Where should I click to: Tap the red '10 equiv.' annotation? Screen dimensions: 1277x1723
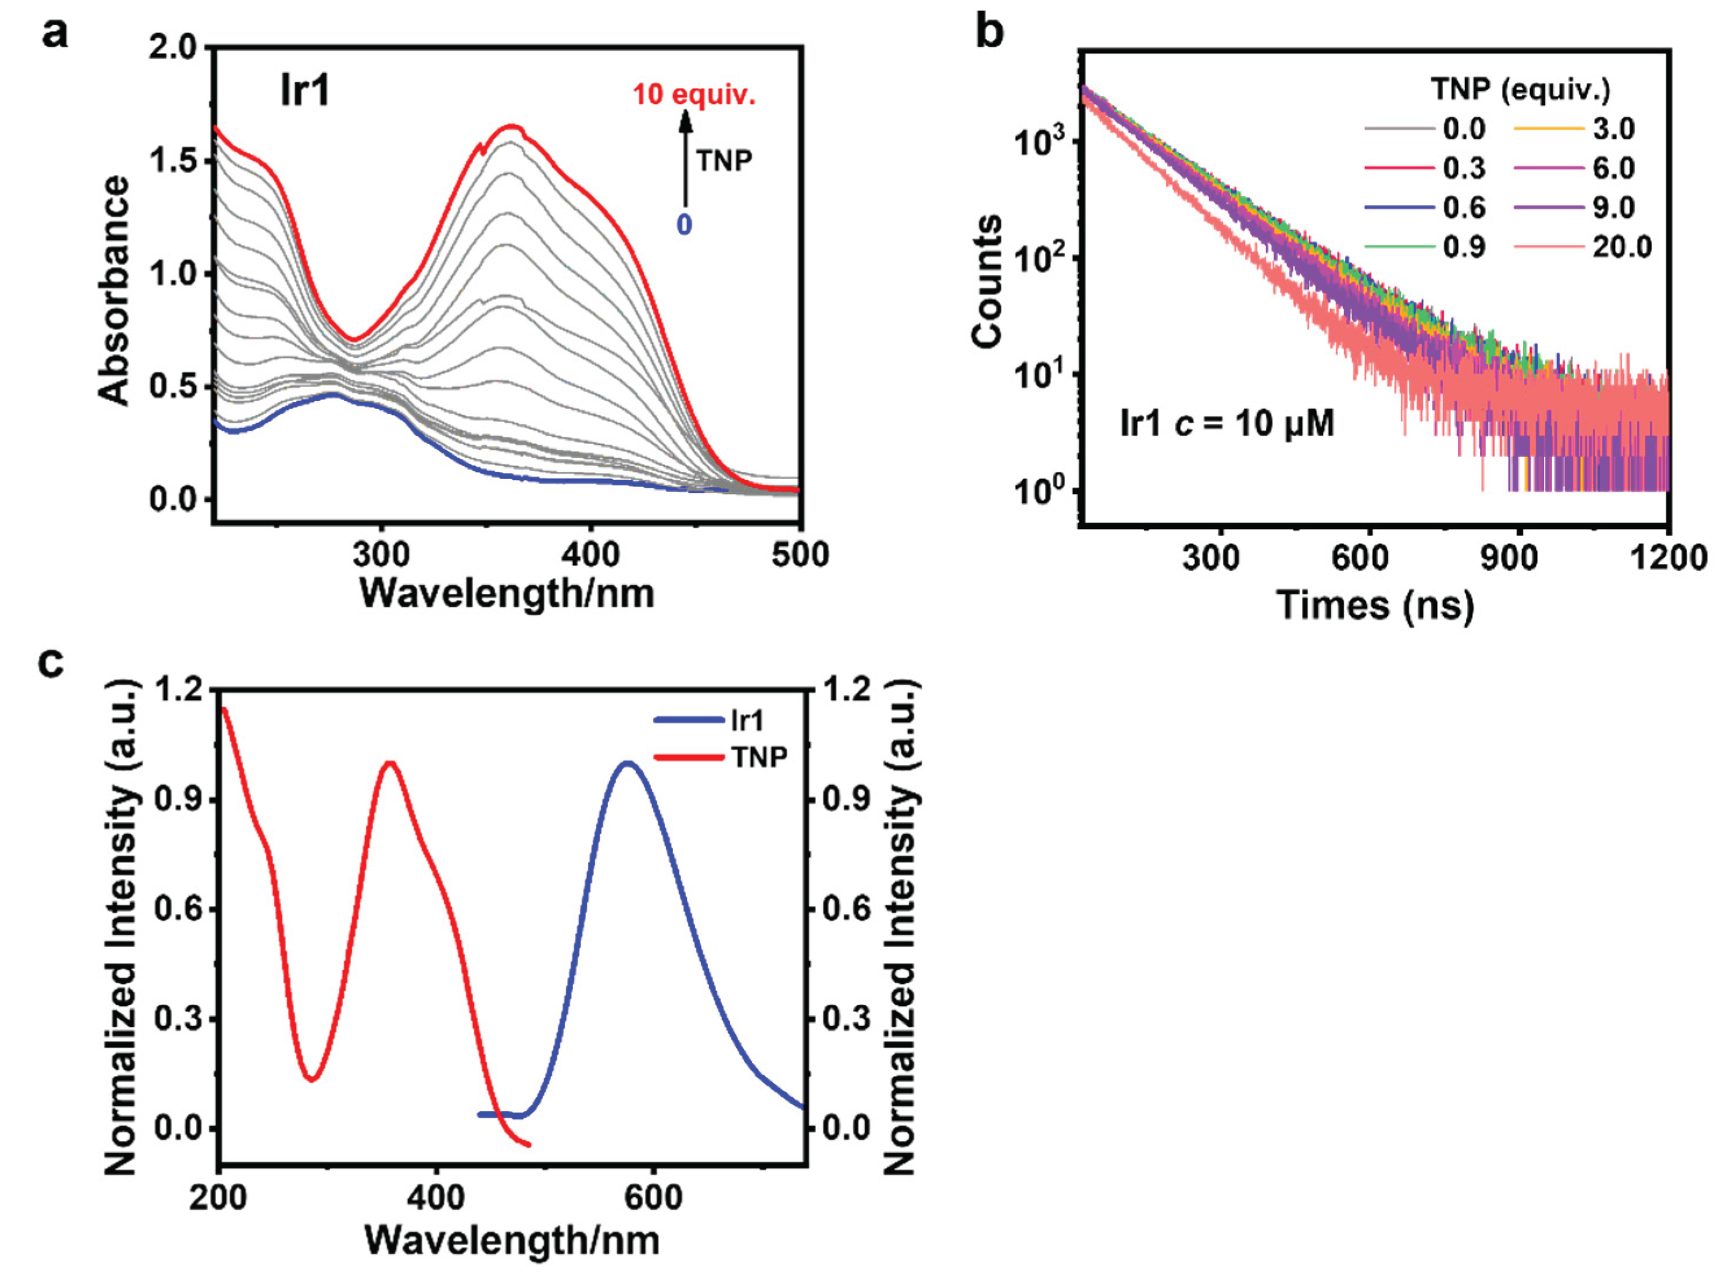click(x=694, y=96)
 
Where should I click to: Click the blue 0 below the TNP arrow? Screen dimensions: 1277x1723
click(x=684, y=225)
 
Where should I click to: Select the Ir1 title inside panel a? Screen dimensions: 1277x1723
click(x=305, y=91)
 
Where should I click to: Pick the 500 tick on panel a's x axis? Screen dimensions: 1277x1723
click(x=800, y=555)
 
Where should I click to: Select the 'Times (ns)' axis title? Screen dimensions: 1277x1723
click(x=1375, y=604)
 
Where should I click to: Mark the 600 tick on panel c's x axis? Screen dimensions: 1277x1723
click(x=654, y=1197)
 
